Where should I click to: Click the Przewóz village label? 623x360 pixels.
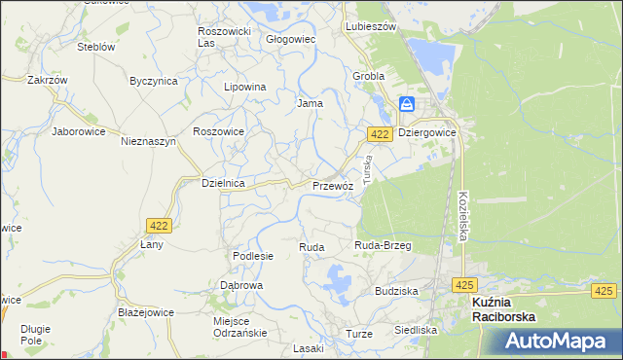point(332,185)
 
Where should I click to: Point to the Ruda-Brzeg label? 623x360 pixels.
point(383,245)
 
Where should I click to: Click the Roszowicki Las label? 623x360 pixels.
point(225,37)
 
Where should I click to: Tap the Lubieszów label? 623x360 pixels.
point(371,27)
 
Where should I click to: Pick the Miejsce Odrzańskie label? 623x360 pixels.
point(238,327)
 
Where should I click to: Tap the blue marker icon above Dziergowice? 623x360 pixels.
point(407,103)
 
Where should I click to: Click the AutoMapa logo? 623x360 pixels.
point(561,342)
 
